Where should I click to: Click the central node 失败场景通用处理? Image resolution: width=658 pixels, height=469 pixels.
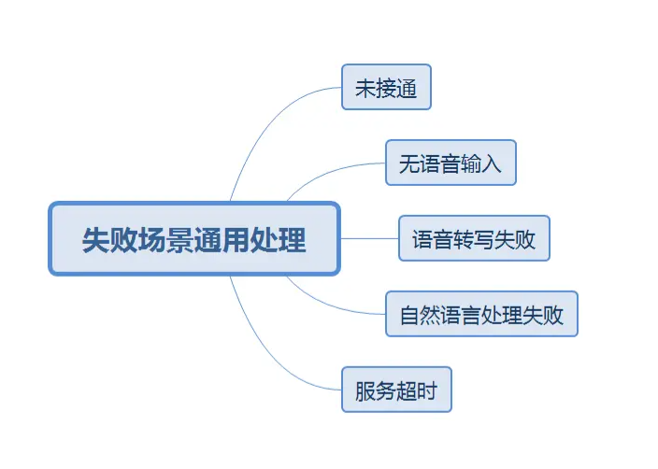pos(194,239)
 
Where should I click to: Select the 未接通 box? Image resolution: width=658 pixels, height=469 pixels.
pos(386,88)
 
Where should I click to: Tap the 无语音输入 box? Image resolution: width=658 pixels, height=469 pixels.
pos(451,163)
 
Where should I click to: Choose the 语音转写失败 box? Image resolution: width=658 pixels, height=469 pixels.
pos(474,238)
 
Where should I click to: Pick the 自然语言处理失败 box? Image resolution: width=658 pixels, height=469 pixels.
pos(481,315)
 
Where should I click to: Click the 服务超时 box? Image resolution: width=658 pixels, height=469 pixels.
pos(396,390)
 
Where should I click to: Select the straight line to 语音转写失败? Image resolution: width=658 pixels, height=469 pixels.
pos(369,238)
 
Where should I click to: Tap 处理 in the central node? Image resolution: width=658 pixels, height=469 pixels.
pos(279,239)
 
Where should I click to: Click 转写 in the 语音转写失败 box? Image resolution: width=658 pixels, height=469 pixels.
pos(474,238)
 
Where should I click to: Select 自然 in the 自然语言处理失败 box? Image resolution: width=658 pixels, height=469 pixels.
pos(420,315)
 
